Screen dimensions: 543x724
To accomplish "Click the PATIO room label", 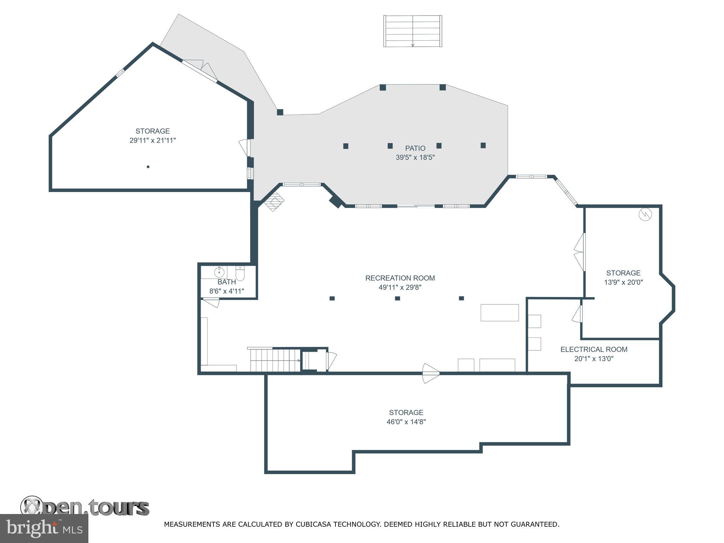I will (x=415, y=148).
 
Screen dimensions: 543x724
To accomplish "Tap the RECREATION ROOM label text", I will (x=400, y=278).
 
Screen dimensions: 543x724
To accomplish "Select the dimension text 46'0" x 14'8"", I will (x=406, y=422).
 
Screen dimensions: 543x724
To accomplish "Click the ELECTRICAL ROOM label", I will (x=594, y=349).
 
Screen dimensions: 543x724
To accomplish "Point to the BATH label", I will (x=227, y=282).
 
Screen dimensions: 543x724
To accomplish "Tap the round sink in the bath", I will (x=219, y=272).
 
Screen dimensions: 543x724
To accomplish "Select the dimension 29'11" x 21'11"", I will (x=152, y=140).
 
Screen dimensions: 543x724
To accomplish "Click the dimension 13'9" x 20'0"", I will (x=623, y=282).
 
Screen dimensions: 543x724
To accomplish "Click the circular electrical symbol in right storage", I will (x=645, y=214).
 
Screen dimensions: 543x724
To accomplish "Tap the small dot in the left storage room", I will (x=148, y=167).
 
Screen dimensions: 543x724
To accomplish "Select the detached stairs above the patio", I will (x=413, y=31).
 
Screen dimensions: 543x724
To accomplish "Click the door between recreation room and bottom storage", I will (x=431, y=373).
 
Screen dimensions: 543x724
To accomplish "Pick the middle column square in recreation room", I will (x=397, y=298).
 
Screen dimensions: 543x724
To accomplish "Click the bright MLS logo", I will (x=44, y=529).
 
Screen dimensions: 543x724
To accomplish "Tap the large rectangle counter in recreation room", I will (x=499, y=313).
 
